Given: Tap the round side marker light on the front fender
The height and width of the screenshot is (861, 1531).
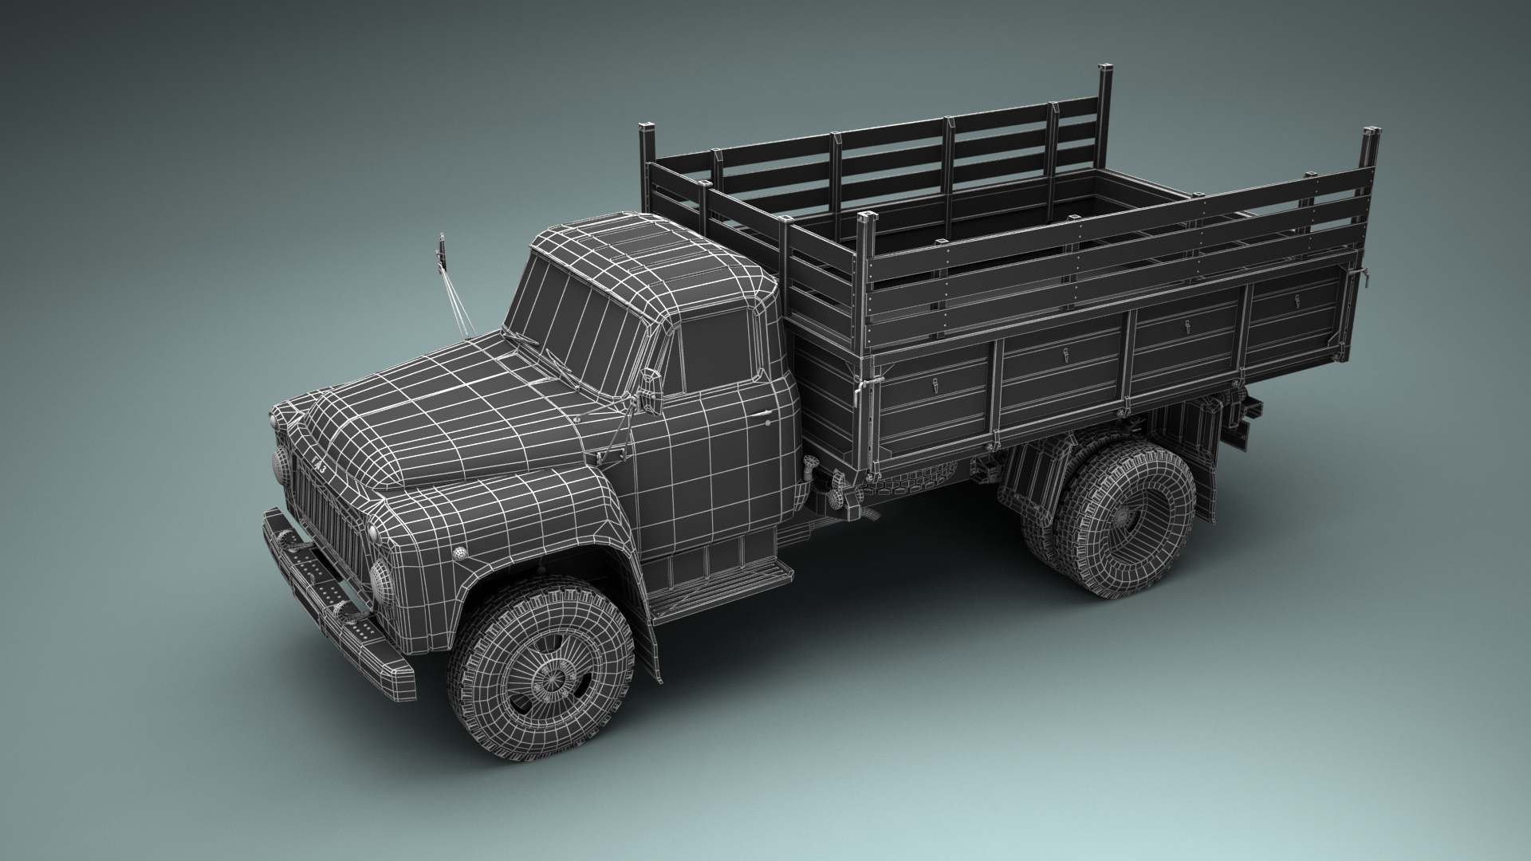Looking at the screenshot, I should point(459,553).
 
